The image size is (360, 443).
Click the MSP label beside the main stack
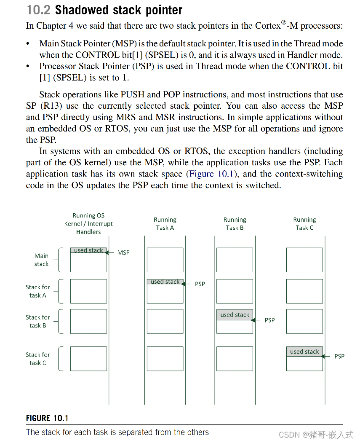coord(123,252)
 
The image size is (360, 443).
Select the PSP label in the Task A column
coord(200,284)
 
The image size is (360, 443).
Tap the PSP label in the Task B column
coord(269,320)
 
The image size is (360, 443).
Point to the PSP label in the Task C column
coord(339,356)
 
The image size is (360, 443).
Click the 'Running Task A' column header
coord(165,224)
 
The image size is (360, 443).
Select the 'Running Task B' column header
coord(235,224)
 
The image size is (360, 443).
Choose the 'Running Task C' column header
coord(304,224)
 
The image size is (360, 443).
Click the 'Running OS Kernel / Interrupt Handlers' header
coord(88,224)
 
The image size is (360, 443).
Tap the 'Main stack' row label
coord(41,260)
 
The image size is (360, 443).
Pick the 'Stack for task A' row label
coord(38,291)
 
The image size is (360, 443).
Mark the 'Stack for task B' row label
coord(38,321)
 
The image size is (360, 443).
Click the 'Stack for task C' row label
coord(38,359)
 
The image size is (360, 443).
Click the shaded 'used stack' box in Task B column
coord(235,315)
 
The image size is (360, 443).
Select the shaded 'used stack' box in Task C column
coord(304,352)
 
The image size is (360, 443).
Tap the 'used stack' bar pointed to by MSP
coord(88,250)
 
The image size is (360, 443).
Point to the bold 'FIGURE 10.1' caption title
coord(47,418)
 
